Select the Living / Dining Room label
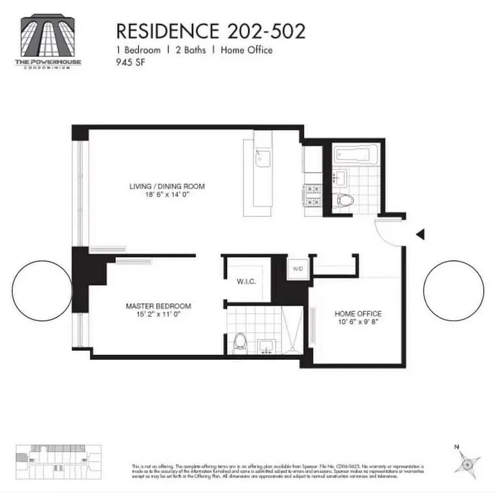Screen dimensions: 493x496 [167, 186]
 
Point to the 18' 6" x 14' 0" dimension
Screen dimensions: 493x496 [167, 195]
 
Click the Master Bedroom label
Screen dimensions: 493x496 [158, 306]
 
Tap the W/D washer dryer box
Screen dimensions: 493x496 [297, 269]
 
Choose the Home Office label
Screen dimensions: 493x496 [358, 313]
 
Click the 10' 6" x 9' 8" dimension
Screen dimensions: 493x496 [358, 322]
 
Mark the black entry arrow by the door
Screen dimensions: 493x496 [420, 234]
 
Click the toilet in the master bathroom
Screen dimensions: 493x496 [240, 342]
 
